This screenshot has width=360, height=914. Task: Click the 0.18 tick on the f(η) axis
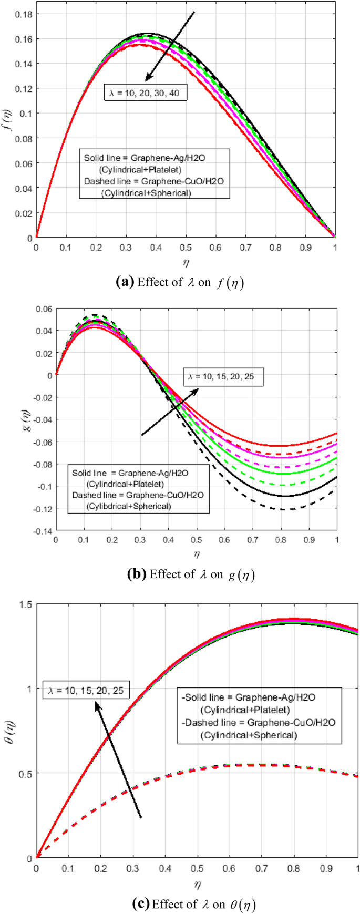coord(24,14)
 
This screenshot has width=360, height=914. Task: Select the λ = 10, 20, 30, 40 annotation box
coord(145,93)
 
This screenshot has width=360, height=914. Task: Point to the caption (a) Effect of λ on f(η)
coord(180,282)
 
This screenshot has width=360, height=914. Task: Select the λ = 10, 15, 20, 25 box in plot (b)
coord(223,377)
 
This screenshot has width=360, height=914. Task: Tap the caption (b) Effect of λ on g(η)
coord(191,574)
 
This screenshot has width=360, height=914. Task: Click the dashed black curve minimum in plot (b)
coord(284,509)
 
